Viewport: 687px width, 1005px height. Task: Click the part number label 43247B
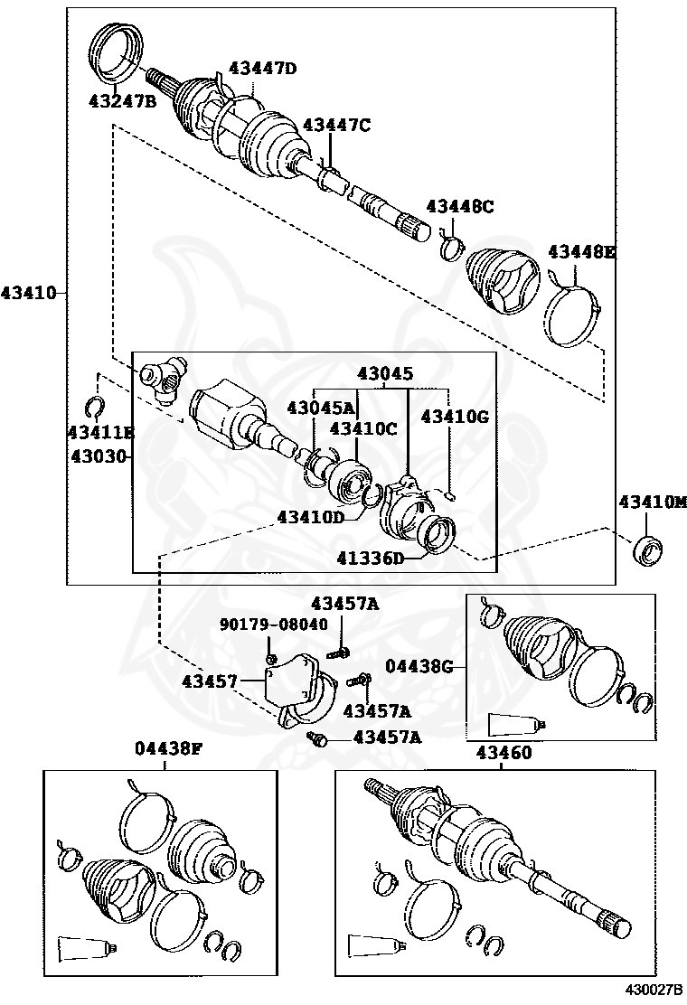click(x=122, y=100)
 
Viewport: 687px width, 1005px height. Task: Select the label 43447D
click(x=262, y=68)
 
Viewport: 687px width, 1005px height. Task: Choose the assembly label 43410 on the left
click(x=28, y=293)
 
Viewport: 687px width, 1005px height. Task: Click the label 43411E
click(x=99, y=433)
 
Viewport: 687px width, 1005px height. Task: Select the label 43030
click(x=99, y=456)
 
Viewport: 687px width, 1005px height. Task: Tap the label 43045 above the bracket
click(x=384, y=372)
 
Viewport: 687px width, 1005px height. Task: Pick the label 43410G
click(x=455, y=416)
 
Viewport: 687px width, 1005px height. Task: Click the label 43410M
click(x=653, y=502)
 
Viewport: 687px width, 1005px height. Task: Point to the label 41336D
click(x=372, y=558)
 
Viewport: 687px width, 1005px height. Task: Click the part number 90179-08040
click(x=274, y=624)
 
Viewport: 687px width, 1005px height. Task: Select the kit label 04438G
click(x=419, y=666)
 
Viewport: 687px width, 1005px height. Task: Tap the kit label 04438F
click(x=168, y=748)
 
